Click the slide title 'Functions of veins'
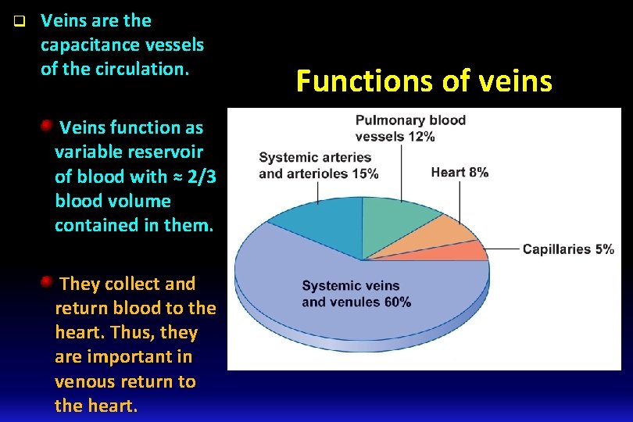[424, 80]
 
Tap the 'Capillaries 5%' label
[567, 249]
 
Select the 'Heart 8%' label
[460, 172]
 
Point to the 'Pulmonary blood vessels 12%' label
[410, 128]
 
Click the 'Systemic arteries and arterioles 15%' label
[318, 166]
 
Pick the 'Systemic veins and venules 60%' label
[356, 294]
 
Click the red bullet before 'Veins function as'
[47, 125]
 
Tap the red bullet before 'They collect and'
[47, 281]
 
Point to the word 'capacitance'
[93, 45]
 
